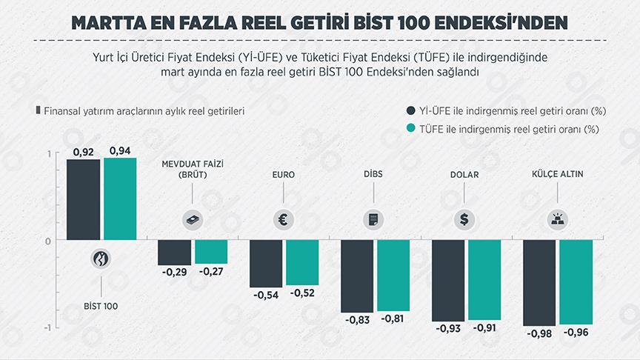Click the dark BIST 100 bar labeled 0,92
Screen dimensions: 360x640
coord(83,199)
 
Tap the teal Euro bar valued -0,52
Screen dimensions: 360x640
coord(302,262)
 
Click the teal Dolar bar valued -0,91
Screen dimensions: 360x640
coord(484,279)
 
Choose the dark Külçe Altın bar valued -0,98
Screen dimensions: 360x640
coord(539,282)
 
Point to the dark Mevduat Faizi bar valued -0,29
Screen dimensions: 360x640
coord(174,252)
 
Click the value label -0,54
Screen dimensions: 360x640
coord(265,295)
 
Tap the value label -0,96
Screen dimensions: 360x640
coord(576,333)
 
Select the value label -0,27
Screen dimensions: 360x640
coord(211,272)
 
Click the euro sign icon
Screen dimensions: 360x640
coord(283,219)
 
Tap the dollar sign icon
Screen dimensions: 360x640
coord(464,219)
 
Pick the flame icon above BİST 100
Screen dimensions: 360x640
coord(101,259)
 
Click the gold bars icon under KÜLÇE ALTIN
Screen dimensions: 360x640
coord(556,219)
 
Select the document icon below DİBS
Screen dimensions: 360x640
coord(373,219)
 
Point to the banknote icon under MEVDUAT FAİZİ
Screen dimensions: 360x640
coord(192,219)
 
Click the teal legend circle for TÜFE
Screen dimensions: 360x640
coord(412,129)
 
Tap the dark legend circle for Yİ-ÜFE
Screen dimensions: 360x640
coord(412,111)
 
